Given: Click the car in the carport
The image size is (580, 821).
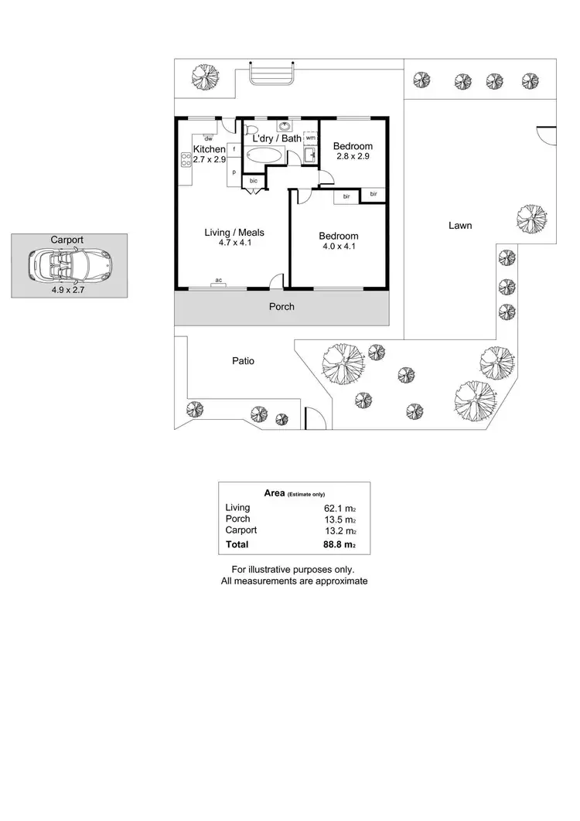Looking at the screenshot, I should (70, 266).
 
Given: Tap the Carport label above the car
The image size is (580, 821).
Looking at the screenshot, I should (67, 240).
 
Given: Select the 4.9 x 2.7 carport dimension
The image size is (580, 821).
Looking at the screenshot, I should (67, 291).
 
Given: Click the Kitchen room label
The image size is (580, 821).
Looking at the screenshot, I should (209, 149).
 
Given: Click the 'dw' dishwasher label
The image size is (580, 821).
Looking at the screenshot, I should (209, 138).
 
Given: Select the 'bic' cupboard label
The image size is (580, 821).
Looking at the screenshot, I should (254, 181).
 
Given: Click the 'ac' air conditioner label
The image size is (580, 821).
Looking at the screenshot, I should (219, 280).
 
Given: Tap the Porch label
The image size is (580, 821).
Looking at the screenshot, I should (281, 307).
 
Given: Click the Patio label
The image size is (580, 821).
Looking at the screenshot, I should (243, 360).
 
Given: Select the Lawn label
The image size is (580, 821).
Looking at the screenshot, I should (459, 226).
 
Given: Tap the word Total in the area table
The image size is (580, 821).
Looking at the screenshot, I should (237, 545).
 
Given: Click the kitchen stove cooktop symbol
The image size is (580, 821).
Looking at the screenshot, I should (186, 160).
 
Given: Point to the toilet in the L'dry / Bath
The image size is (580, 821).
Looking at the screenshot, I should (250, 129).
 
